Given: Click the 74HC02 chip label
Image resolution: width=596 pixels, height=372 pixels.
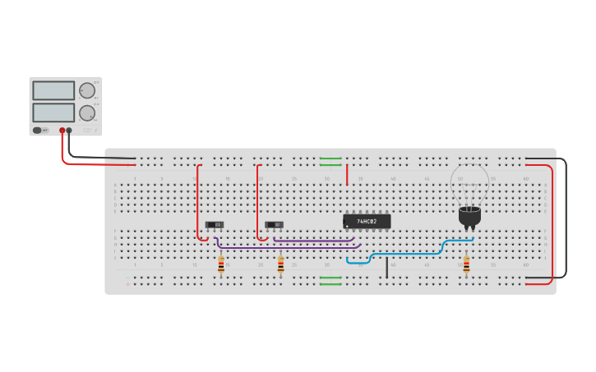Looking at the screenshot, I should [x=367, y=222].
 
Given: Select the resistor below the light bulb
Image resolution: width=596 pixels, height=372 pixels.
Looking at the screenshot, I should [x=466, y=264].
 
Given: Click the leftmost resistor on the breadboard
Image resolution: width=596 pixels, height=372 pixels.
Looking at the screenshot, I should [x=220, y=264].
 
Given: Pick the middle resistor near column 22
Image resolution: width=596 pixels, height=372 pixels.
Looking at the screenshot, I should [x=280, y=264].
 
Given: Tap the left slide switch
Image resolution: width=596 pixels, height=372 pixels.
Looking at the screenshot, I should [x=215, y=225].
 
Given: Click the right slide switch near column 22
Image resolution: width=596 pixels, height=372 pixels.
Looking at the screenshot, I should [x=275, y=225].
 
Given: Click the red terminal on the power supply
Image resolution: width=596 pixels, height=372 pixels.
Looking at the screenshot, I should [x=62, y=131].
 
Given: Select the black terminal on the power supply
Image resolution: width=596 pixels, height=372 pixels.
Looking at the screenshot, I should [x=69, y=131].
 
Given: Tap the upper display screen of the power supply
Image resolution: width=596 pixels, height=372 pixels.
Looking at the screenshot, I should [x=53, y=90].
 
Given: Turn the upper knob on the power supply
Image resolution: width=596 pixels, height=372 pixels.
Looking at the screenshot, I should [x=87, y=90].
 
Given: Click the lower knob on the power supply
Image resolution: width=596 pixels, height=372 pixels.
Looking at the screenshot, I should [x=87, y=113].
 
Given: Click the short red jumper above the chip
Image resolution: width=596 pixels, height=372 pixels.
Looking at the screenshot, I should [x=347, y=175].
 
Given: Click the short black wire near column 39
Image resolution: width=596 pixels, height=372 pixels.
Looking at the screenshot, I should [x=386, y=268].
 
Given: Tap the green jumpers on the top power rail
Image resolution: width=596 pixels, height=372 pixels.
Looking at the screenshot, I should [x=330, y=162].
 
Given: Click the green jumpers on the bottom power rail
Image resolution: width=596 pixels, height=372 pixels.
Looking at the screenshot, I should [x=330, y=281].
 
